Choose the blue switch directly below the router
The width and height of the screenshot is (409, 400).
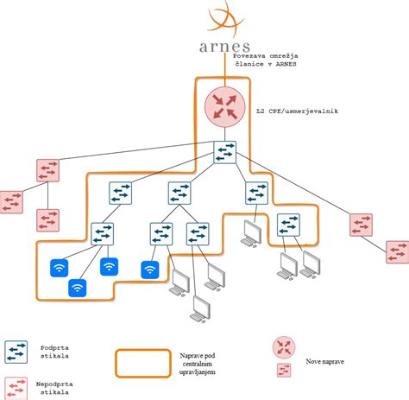[226, 155]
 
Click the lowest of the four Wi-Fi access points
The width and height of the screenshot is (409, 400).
[77, 289]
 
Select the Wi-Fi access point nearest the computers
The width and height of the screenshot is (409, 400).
[151, 270]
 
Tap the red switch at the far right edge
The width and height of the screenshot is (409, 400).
[398, 252]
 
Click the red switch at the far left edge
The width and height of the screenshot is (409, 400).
[11, 202]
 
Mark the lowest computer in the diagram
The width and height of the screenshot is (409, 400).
[201, 309]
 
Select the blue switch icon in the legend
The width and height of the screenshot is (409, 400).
[16, 350]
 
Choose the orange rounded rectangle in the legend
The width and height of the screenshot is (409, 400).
[143, 363]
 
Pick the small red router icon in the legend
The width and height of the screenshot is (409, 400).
[282, 348]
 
